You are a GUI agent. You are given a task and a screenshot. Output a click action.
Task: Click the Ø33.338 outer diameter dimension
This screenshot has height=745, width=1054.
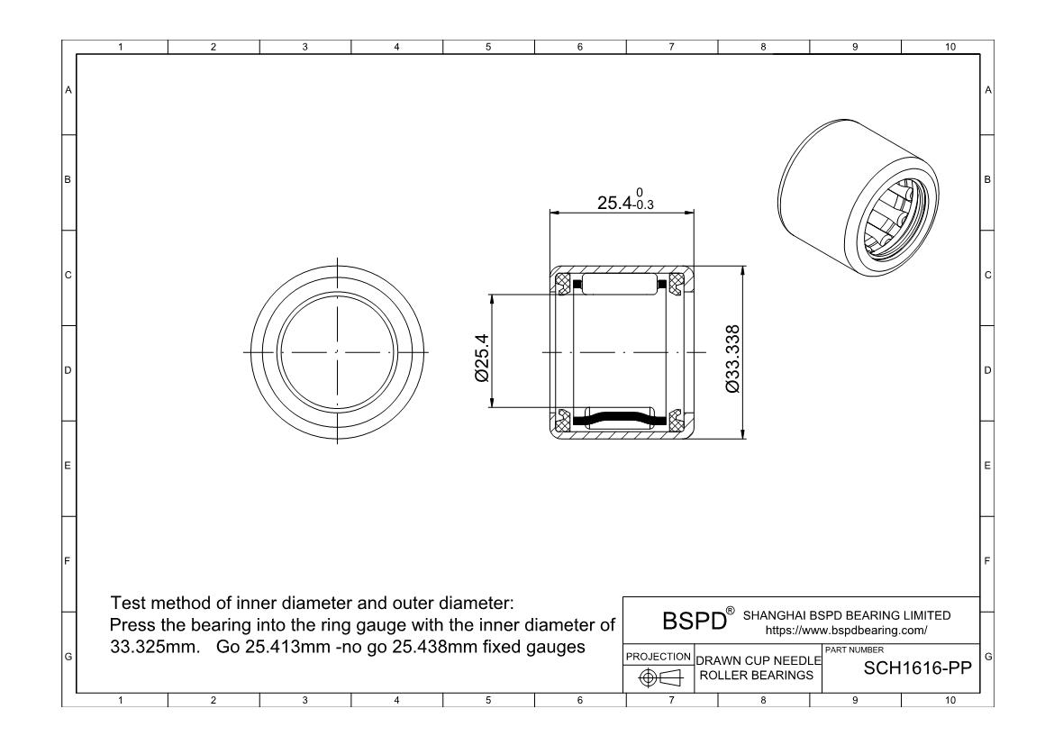[x=731, y=357]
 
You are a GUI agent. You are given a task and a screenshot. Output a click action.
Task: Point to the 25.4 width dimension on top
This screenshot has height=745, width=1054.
[x=625, y=203]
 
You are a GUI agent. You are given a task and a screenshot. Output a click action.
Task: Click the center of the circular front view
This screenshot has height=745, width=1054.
[x=337, y=350]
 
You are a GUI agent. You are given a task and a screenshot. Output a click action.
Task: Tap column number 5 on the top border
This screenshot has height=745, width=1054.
[x=487, y=48]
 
